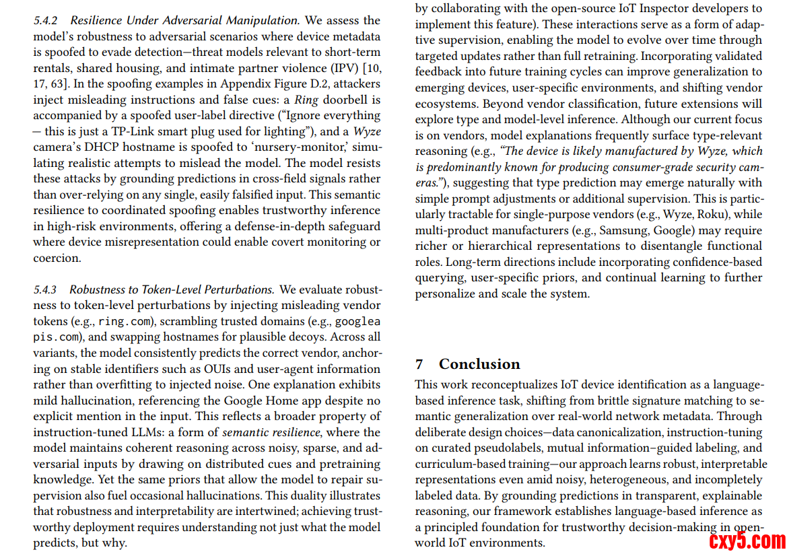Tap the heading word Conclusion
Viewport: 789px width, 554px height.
click(479, 364)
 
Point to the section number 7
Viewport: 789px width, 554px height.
click(419, 364)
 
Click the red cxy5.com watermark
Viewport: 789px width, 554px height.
click(747, 540)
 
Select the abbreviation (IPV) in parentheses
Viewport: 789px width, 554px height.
click(343, 68)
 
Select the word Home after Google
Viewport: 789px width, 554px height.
click(269, 401)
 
